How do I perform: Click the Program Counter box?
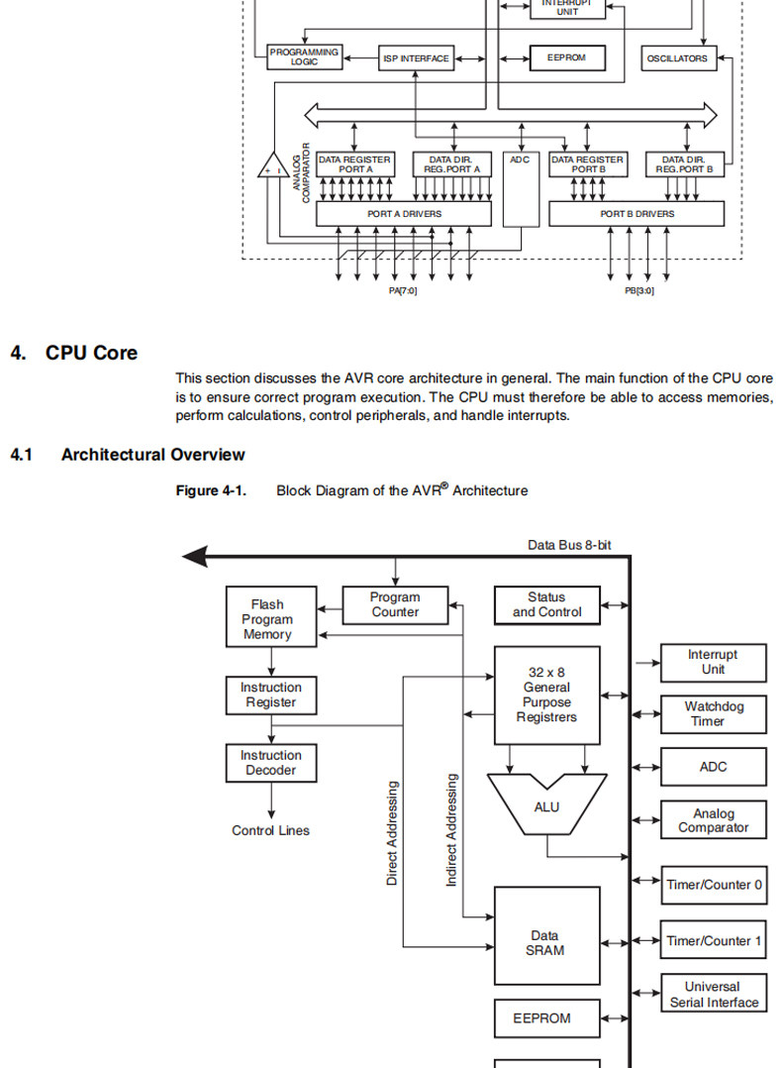pos(395,604)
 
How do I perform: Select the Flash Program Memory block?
pos(271,616)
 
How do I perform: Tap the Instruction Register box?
pos(271,694)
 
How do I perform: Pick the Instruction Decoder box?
pos(271,763)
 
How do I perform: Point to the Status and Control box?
pos(547,604)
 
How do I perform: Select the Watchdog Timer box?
pos(714,713)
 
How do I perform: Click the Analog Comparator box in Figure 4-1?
pos(714,819)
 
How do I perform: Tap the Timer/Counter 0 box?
pos(714,885)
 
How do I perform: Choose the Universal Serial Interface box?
pos(714,993)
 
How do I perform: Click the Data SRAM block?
pos(547,935)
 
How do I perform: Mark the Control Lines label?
pos(271,830)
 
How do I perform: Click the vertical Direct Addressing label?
pos(391,833)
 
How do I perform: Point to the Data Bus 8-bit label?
pos(569,545)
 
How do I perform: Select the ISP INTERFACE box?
pos(416,58)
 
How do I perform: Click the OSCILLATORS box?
pos(678,58)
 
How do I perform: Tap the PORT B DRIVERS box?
pos(636,214)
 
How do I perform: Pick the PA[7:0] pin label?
pos(403,291)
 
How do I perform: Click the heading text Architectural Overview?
pos(153,455)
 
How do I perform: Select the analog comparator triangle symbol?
pos(273,165)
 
